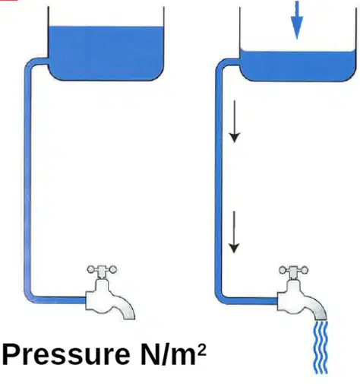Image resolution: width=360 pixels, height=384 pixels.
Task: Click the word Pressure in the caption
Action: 66,355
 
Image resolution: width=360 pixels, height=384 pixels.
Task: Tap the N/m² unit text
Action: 173,354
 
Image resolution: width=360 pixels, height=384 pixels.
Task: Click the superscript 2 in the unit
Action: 201,351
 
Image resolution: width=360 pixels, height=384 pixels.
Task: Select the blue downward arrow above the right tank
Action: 297,21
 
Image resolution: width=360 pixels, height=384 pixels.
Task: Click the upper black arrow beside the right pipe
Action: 235,122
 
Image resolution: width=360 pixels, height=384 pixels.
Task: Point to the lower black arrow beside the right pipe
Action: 234,232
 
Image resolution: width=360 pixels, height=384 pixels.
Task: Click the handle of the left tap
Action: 102,269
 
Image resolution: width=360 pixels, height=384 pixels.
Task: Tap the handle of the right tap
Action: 294,270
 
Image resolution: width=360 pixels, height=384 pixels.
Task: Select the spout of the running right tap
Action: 317,309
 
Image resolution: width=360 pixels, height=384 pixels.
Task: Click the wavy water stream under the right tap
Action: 321,348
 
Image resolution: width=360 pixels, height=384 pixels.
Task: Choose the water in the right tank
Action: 298,66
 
